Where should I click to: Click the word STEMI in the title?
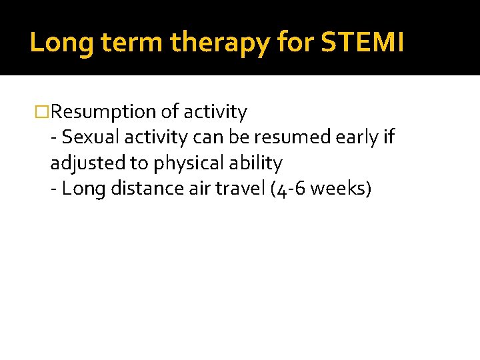click(363, 43)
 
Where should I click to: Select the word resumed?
click(278, 137)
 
